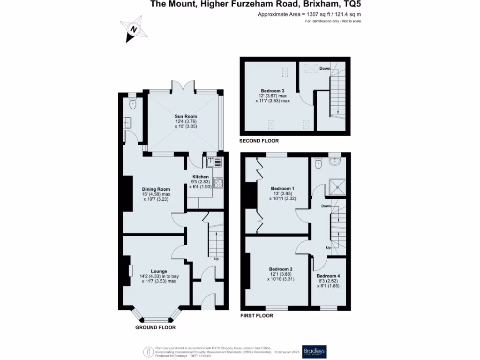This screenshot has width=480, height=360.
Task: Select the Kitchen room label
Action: (x=200, y=177)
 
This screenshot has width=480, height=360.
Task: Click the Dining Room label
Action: (x=156, y=189)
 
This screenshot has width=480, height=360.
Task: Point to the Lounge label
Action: (x=159, y=271)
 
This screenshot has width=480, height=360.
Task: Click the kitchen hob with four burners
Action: (x=218, y=182)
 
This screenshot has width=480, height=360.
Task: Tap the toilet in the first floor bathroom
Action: (x=318, y=164)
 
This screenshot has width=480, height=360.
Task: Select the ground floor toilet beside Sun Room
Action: (x=132, y=105)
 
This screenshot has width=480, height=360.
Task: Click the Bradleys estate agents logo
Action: (x=315, y=352)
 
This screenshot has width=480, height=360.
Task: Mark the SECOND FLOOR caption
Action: (x=259, y=141)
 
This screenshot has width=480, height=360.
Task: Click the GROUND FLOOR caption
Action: (x=156, y=327)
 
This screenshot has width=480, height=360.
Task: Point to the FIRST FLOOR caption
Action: (x=256, y=316)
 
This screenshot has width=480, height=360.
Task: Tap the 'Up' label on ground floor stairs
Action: (x=216, y=259)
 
